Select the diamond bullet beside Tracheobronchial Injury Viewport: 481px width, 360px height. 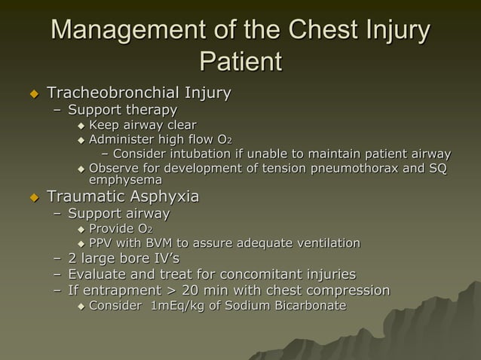coord(32,94)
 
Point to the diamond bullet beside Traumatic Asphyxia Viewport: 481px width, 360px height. coord(32,198)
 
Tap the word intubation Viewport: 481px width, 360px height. coord(190,154)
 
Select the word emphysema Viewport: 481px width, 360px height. coord(125,181)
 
